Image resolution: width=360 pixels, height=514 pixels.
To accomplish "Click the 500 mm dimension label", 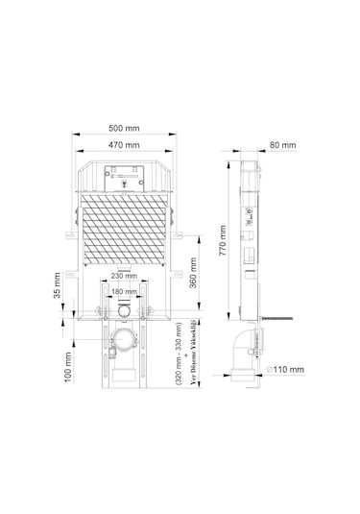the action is [x=124, y=128].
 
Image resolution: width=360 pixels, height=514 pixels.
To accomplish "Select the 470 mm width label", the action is [x=124, y=145].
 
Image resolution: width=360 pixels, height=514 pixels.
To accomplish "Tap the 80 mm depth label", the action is [x=282, y=145].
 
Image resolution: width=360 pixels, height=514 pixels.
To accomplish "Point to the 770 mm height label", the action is [x=223, y=240].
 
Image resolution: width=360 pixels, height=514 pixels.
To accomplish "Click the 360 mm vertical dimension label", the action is [x=193, y=273].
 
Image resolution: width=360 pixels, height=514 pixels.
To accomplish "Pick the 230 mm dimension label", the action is [x=124, y=276].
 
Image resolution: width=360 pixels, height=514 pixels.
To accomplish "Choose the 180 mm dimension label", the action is [x=124, y=291].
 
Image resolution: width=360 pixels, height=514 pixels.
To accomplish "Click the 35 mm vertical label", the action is [x=57, y=285].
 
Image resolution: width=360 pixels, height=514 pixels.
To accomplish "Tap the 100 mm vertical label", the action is [x=68, y=367].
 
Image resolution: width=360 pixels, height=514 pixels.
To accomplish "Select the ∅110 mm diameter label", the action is [x=285, y=370].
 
